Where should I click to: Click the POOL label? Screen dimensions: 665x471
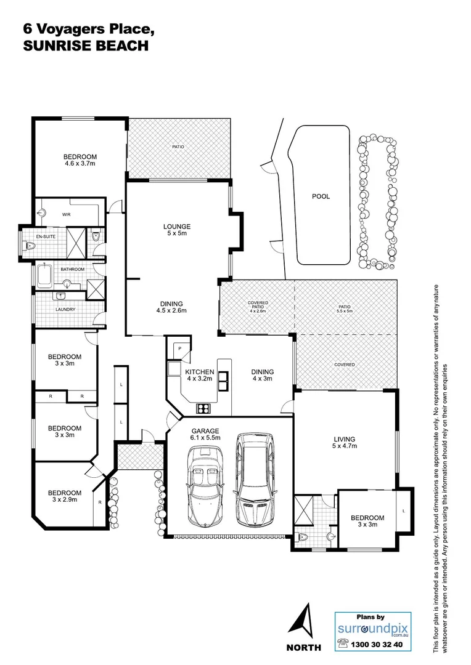coord(321,196)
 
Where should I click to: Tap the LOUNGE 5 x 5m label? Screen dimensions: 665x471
coord(177,230)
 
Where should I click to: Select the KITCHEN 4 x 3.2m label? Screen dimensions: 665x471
coord(200,375)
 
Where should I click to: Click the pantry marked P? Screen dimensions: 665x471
coord(180,349)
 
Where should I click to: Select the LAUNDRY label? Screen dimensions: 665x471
coord(65,309)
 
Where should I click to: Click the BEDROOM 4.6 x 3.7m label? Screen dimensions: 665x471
coord(80,160)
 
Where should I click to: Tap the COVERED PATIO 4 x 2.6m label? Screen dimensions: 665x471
coord(258,307)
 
